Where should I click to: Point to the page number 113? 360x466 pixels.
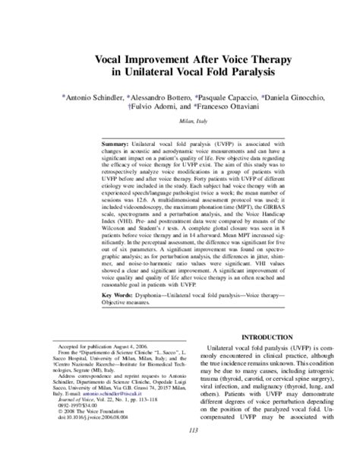[x=180, y=453]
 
